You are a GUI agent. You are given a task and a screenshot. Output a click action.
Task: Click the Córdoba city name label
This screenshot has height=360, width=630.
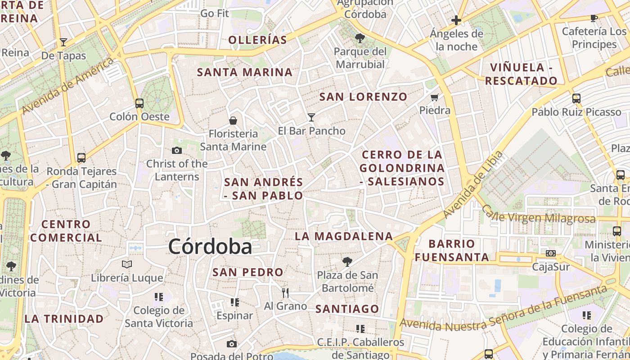point(210,247)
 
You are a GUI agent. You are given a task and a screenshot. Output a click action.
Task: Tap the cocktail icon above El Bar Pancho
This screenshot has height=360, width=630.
point(311,117)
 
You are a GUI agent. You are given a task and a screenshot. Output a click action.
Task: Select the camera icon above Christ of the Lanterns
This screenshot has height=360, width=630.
point(177,150)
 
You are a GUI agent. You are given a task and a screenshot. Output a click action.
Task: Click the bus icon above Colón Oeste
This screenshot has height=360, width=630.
point(139,103)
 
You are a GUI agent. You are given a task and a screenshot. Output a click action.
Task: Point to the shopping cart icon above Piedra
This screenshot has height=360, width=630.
point(434,97)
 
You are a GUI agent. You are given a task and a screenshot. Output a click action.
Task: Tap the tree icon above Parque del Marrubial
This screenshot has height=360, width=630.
point(360,38)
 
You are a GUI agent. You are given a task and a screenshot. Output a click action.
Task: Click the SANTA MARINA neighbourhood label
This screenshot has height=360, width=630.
point(245,72)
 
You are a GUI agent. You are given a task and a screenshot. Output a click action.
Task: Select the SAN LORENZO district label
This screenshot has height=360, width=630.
point(363,96)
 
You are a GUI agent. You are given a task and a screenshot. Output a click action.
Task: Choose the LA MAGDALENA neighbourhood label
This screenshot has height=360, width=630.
point(344,236)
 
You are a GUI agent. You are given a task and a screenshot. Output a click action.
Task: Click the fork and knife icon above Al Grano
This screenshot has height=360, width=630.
point(285,293)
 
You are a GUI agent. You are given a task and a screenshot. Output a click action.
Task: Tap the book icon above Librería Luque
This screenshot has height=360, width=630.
point(127,264)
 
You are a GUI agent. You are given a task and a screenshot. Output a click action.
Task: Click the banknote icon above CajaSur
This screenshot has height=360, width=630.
point(551,253)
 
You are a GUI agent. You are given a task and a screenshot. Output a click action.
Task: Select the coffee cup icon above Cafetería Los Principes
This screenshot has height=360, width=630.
point(594,18)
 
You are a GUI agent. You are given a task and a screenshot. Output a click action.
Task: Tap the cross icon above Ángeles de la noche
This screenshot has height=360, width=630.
point(456,20)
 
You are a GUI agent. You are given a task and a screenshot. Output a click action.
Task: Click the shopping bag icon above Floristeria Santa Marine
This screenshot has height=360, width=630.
point(233,120)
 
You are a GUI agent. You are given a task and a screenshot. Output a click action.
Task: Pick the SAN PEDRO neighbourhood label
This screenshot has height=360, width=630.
point(248,272)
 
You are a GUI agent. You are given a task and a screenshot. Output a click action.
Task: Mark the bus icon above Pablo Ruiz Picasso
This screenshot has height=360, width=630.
point(576,98)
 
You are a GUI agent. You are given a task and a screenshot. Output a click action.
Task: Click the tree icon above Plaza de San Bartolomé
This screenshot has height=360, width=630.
point(347,261)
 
